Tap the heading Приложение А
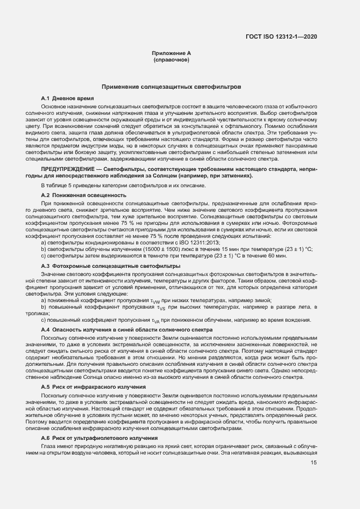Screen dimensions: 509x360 [x=172, y=53]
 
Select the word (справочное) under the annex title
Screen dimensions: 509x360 [x=172, y=59]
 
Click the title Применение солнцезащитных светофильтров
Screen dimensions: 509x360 [x=171, y=87]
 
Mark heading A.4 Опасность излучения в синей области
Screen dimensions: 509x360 [x=126, y=330]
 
